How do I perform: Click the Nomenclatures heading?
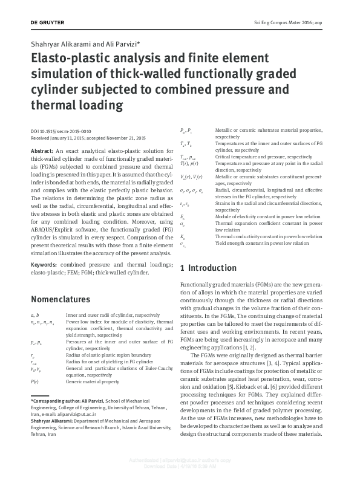(x=64, y=299)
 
